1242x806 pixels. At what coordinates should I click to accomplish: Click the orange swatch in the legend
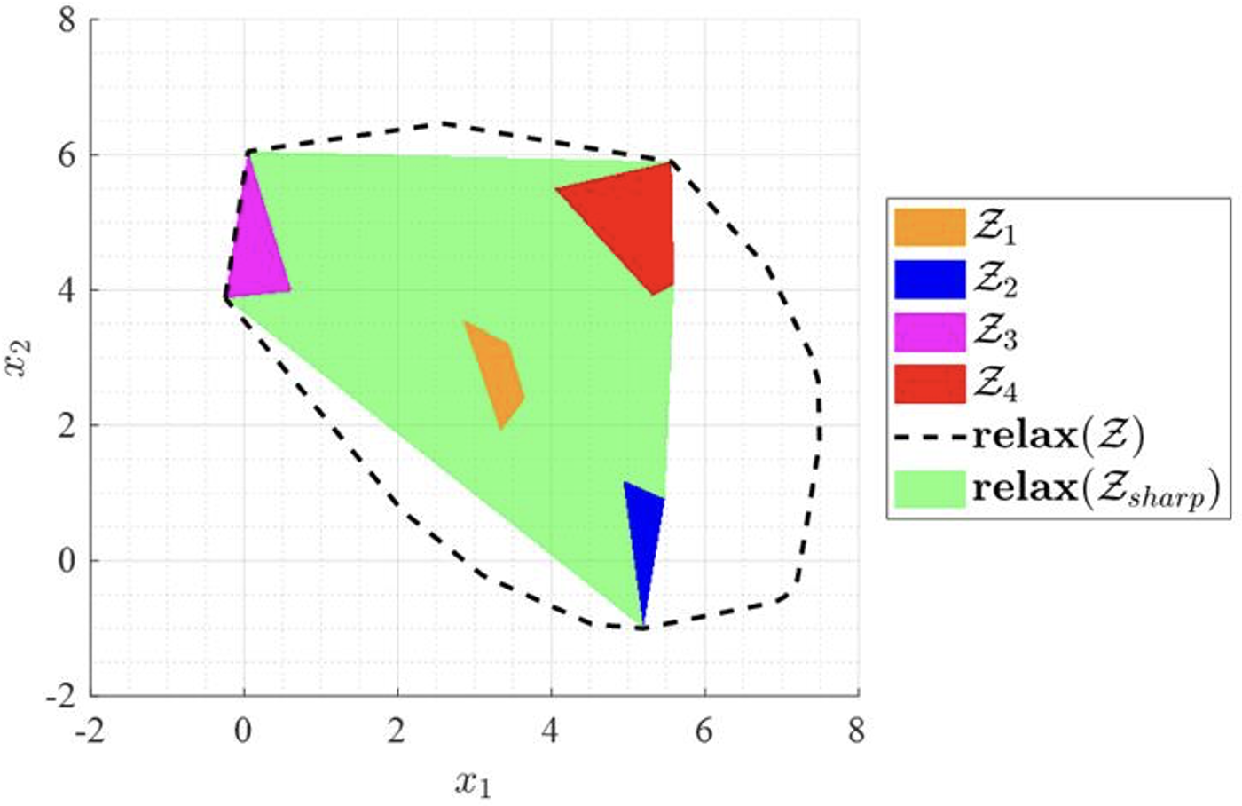(929, 227)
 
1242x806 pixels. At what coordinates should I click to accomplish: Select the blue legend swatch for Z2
(929, 280)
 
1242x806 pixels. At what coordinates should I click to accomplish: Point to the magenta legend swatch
(929, 332)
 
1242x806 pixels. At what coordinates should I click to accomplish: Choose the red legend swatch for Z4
(929, 383)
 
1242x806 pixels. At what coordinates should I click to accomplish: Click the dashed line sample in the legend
(929, 436)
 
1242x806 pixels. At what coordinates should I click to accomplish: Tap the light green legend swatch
(929, 488)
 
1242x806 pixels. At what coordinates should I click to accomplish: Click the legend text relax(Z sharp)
(1097, 489)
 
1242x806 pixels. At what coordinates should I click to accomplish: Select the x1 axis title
(473, 783)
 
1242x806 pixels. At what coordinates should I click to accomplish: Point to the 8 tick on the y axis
(67, 21)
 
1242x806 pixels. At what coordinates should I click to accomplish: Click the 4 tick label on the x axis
(550, 731)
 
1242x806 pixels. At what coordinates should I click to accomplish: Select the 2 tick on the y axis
(67, 426)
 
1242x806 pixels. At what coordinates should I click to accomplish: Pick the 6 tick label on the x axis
(704, 731)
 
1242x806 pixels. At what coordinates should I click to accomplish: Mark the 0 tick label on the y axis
(67, 561)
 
